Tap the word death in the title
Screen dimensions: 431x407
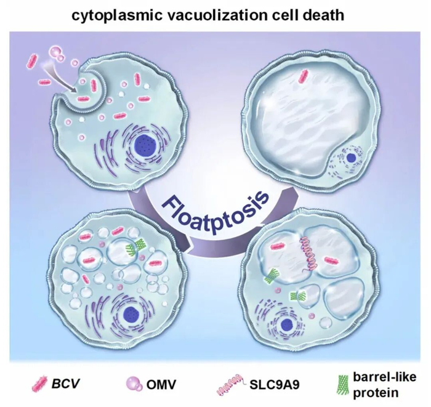tap(324, 15)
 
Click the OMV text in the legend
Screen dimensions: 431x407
tap(161, 384)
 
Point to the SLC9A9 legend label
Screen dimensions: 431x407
tap(274, 385)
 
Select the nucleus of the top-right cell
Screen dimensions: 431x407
tap(350, 159)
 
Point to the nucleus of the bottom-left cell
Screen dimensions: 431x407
tap(131, 314)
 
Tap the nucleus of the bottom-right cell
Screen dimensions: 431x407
tap(288, 325)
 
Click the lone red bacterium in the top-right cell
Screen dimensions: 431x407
tap(303, 76)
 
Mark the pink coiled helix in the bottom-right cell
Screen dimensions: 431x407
tap(308, 254)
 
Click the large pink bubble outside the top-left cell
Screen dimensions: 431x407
tap(54, 52)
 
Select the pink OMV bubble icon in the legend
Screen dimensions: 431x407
tap(135, 384)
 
